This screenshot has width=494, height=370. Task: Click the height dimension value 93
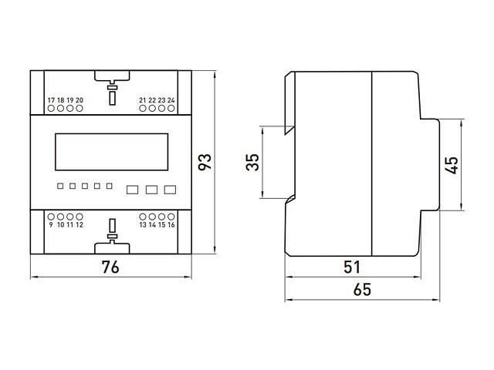tap(205, 163)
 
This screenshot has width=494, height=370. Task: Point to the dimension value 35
tap(252, 163)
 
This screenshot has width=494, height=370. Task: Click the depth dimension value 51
tap(352, 267)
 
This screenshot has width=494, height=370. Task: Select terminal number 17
tap(51, 101)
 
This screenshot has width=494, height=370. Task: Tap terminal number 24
tap(171, 101)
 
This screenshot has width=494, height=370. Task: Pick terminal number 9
tap(51, 225)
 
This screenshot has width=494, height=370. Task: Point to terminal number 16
tap(171, 225)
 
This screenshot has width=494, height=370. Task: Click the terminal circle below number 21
tap(143, 109)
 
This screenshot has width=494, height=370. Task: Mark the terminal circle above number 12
tap(80, 217)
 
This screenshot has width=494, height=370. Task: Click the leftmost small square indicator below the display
tap(59, 186)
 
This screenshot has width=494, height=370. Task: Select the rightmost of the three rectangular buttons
tap(170, 189)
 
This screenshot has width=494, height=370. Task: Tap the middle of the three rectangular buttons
tap(151, 189)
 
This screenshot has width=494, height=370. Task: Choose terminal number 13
tap(143, 225)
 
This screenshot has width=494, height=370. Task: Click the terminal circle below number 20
tap(80, 109)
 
